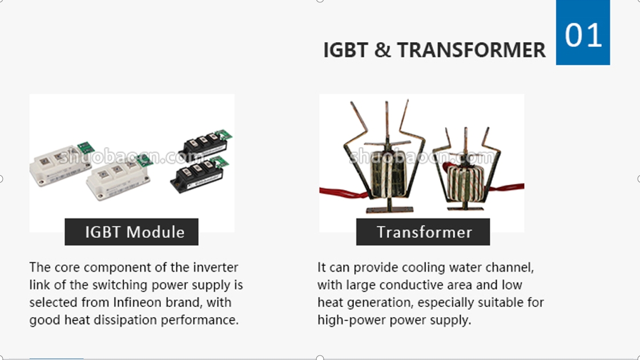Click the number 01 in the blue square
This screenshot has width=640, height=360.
click(583, 35)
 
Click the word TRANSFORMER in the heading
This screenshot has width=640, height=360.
click(472, 50)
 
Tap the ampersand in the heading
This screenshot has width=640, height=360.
click(383, 50)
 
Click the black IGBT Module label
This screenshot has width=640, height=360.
click(131, 232)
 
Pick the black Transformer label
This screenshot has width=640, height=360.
click(423, 232)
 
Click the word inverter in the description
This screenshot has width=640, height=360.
click(215, 267)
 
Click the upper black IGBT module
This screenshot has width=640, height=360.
click(204, 145)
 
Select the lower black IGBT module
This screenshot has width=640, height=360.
click(198, 175)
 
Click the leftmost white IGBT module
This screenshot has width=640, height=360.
click(61, 164)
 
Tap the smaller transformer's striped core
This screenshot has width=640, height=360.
click(465, 182)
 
